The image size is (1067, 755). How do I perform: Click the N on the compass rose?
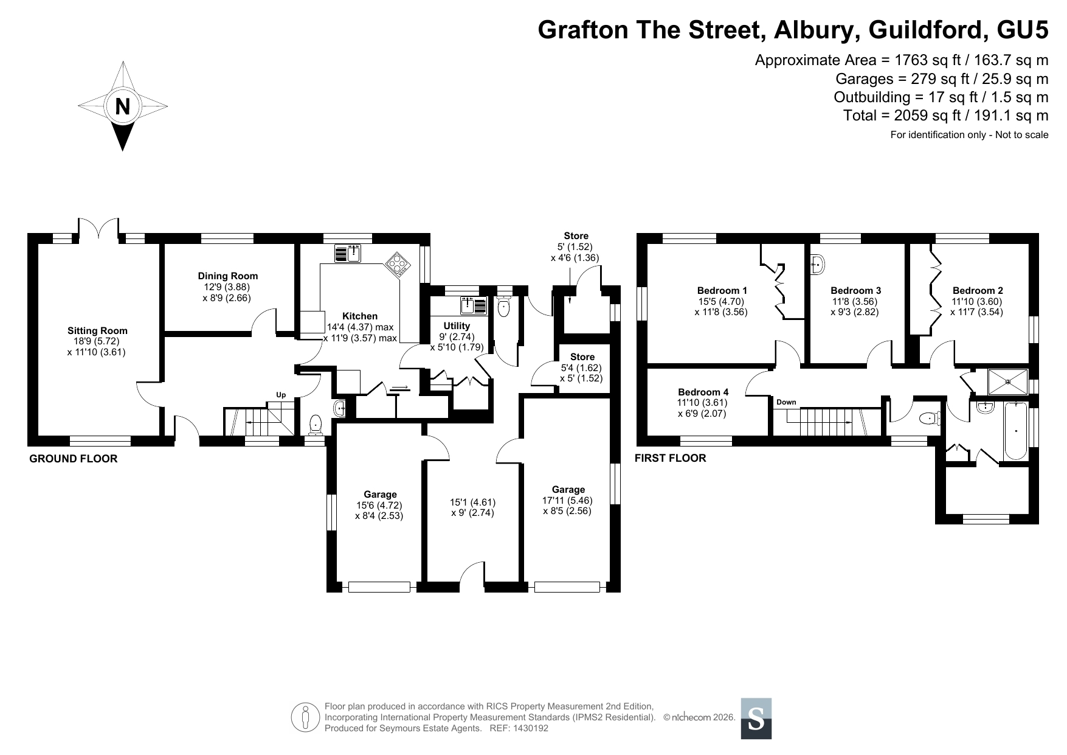coord(123,106)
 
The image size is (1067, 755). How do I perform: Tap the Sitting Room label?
coord(97,331)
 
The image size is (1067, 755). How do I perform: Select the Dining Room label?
coord(228,276)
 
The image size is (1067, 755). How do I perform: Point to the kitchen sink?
coord(348,252)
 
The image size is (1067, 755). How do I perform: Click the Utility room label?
coord(457,326)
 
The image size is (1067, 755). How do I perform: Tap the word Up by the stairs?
coord(281,395)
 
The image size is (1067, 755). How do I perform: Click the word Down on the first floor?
coord(786,402)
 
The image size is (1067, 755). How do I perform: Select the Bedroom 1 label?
coord(722,291)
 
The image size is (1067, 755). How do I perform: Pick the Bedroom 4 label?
coord(703,392)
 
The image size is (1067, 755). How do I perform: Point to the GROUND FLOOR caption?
coord(74,459)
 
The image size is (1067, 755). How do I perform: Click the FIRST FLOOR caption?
coord(671,458)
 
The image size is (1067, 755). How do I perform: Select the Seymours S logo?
coord(756,718)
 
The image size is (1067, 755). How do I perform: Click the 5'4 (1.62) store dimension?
coord(581,367)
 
